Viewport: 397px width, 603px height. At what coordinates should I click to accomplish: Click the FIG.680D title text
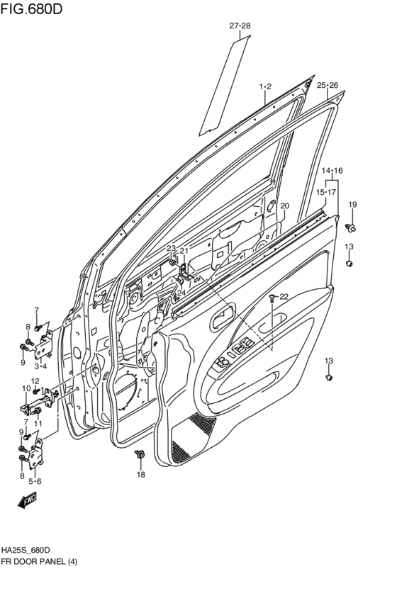30,8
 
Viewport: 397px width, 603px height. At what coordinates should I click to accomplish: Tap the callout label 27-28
240,26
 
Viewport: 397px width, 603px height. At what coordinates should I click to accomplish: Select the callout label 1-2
265,86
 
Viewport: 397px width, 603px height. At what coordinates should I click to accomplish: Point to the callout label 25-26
328,85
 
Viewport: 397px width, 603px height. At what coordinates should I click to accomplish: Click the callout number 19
352,204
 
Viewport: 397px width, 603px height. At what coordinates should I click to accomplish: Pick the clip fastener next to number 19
350,227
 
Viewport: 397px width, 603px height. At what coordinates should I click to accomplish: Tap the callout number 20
284,205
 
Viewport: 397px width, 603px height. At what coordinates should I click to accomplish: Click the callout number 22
284,296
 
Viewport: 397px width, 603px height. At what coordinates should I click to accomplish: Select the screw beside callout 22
272,296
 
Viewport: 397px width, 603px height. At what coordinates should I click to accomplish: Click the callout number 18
141,475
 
